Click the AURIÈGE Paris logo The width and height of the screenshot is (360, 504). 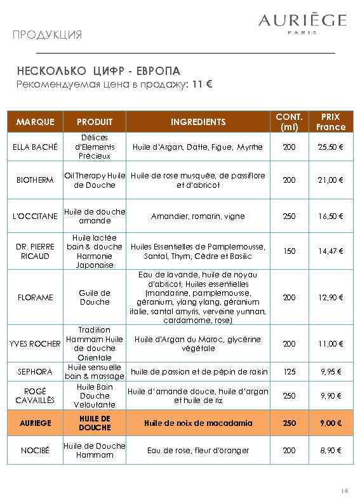point(302,23)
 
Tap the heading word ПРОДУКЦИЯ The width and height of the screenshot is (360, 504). point(47,34)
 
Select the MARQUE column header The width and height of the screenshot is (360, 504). point(36,122)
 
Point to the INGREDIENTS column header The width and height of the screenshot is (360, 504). point(198,122)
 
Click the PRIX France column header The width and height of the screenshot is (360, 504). point(330,122)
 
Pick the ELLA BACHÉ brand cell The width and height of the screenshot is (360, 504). point(36,147)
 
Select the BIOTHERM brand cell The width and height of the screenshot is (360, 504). point(36,180)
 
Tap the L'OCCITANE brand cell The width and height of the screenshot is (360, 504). point(36,216)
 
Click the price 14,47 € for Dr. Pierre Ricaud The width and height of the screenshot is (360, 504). point(330,251)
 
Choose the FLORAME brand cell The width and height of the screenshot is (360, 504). point(36,297)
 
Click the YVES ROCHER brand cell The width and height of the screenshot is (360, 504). point(36,343)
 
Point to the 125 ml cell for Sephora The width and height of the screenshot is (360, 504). point(289,371)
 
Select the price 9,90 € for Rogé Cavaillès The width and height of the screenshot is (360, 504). point(330,395)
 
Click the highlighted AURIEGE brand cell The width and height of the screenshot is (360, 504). point(36,423)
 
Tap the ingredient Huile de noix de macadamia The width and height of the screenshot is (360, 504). point(198,423)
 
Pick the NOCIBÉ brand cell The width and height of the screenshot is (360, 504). point(36,451)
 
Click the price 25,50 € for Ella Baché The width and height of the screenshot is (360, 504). point(330,147)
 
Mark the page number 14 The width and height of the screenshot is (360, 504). point(345,491)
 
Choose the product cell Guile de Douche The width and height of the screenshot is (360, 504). point(95,297)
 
